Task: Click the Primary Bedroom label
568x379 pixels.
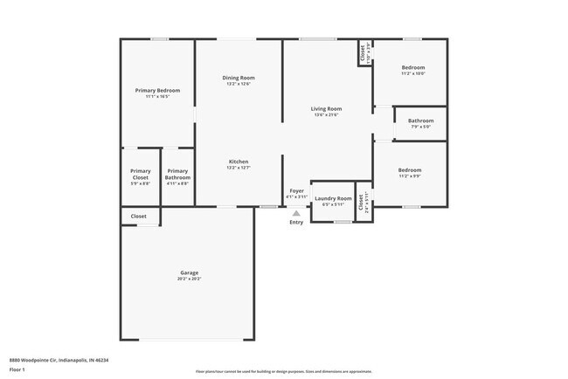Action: coord(157,91)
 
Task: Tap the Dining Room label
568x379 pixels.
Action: coord(239,78)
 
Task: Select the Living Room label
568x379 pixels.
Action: coord(326,109)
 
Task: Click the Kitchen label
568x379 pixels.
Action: coord(239,162)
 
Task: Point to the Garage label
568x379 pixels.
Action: coord(190,272)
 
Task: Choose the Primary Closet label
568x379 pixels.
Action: coord(141,174)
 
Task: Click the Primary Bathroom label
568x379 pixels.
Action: coord(177,174)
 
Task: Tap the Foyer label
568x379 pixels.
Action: coord(297,190)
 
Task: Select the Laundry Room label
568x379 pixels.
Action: coord(332,198)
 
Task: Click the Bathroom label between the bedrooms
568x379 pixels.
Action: coord(420,121)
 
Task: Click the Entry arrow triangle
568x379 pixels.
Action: coord(296,212)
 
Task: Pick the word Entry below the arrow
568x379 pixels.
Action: coord(296,222)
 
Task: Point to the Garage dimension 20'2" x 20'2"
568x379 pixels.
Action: coord(190,279)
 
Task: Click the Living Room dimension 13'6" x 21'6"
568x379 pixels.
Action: coord(326,115)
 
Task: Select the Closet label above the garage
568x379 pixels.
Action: coord(139,216)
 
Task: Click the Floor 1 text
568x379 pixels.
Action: coord(18,369)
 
